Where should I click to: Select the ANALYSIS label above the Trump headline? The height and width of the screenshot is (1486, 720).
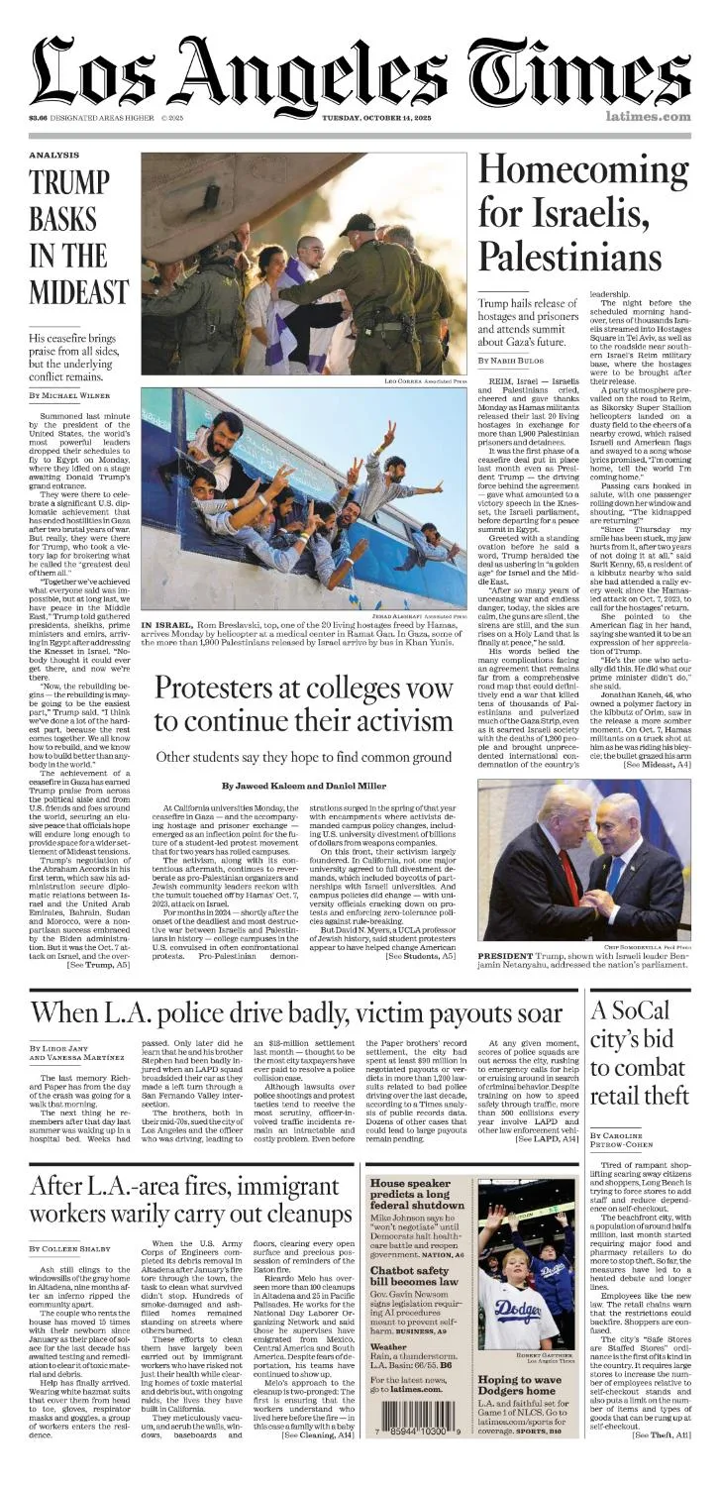click(x=53, y=156)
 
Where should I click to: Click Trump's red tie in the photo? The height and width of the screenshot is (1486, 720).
click(x=569, y=880)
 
